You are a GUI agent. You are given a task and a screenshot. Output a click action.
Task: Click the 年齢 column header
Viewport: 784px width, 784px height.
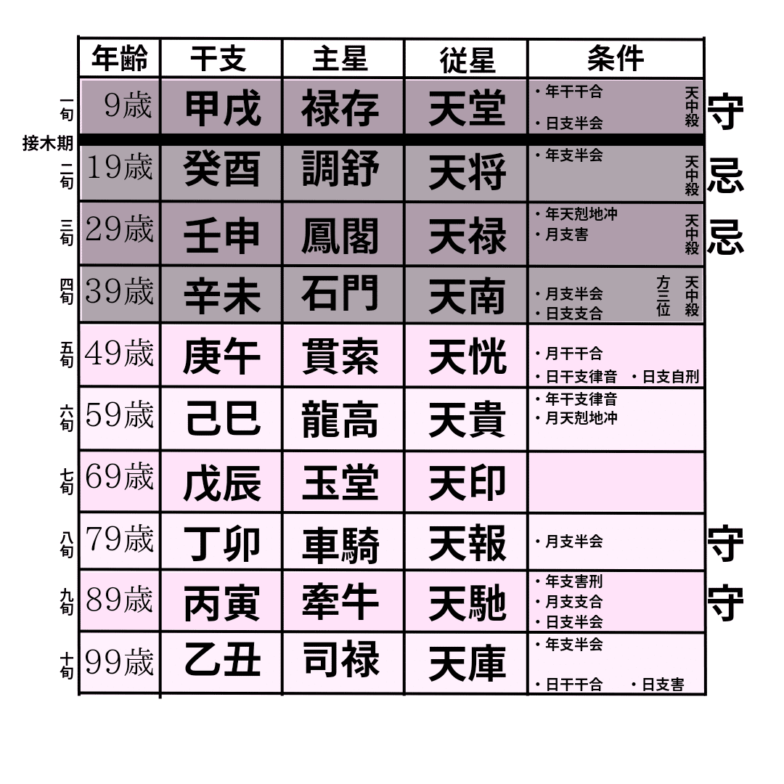pyautogui.click(x=119, y=59)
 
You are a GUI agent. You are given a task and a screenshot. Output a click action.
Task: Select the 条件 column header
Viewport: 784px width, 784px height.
pyautogui.click(x=615, y=58)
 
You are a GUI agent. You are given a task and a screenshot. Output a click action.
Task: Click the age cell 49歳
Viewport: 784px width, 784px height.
pyautogui.click(x=119, y=355)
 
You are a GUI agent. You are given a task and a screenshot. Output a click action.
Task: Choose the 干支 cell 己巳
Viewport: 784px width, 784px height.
pyautogui.click(x=221, y=419)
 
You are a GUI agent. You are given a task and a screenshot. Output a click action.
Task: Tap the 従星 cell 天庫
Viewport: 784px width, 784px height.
pyautogui.click(x=466, y=663)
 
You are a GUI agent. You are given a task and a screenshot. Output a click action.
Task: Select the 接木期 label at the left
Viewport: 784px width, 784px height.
pyautogui.click(x=48, y=144)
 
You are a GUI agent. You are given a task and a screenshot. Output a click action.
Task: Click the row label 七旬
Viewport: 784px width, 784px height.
pyautogui.click(x=67, y=481)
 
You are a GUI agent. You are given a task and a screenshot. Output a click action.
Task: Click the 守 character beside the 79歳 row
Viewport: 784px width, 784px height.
pyautogui.click(x=725, y=544)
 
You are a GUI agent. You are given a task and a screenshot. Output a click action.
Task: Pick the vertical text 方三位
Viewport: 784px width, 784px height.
pyautogui.click(x=663, y=295)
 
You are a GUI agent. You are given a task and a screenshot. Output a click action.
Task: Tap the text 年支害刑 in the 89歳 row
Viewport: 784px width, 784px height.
pyautogui.click(x=573, y=582)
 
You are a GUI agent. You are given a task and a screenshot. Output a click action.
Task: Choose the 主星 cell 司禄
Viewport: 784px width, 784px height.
pyautogui.click(x=340, y=661)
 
